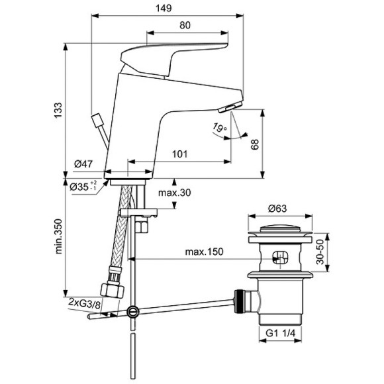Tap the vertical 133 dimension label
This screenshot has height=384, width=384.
(x=58, y=108)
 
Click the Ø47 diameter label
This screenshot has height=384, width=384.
(x=84, y=164)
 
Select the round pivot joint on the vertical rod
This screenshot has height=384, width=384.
(x=134, y=310)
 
